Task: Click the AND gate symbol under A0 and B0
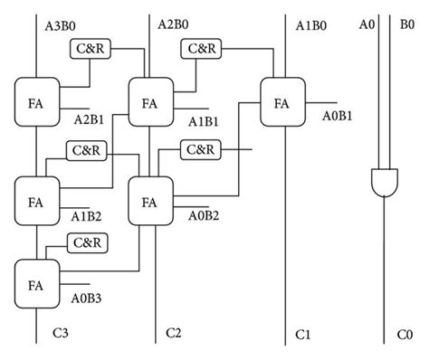click(383, 184)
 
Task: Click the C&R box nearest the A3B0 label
click(90, 50)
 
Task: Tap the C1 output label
click(304, 336)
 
